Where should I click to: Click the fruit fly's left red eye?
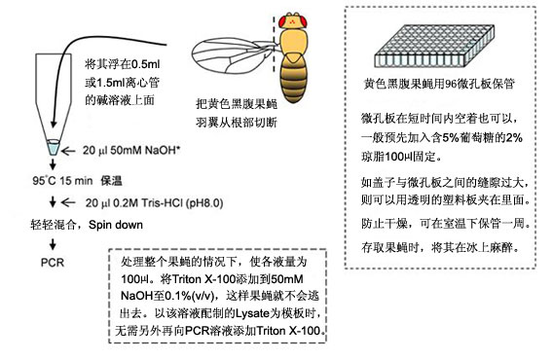pyautogui.click(x=282, y=20)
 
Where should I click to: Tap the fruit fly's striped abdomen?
pyautogui.click(x=294, y=80)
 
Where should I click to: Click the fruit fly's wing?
pyautogui.click(x=233, y=55)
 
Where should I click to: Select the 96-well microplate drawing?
pyautogui.click(x=434, y=46)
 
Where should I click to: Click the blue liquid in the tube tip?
pyautogui.click(x=54, y=148)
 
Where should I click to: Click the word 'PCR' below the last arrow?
pyautogui.click(x=53, y=263)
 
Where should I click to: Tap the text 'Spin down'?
pyautogui.click(x=116, y=225)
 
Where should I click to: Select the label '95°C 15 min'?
pyautogui.click(x=62, y=181)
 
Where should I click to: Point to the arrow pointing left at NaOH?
pyautogui.click(x=68, y=152)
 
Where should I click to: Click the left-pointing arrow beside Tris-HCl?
pyautogui.click(x=68, y=202)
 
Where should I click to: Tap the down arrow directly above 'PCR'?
pyautogui.click(x=53, y=244)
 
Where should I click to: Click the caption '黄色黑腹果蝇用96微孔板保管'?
pyautogui.click(x=439, y=84)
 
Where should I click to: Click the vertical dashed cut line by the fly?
pyautogui.click(x=275, y=44)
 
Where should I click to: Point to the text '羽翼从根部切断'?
pyautogui.click(x=237, y=123)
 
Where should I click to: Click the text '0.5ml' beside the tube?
pyautogui.click(x=145, y=64)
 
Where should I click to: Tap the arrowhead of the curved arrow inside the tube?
pyautogui.click(x=54, y=124)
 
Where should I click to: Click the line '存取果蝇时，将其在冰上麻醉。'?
pyautogui.click(x=441, y=247)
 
